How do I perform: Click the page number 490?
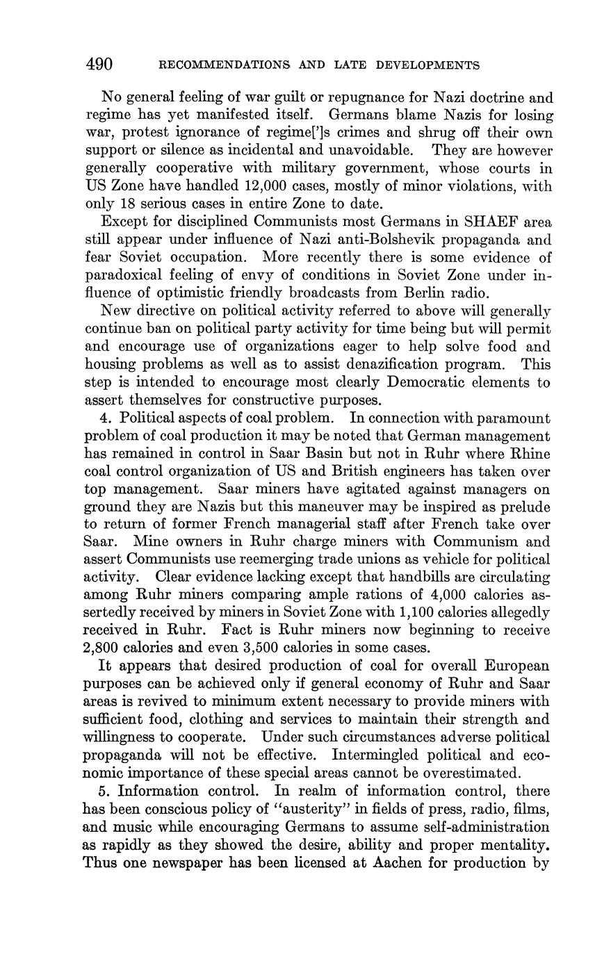point(99,65)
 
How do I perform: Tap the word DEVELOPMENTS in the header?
point(427,66)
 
